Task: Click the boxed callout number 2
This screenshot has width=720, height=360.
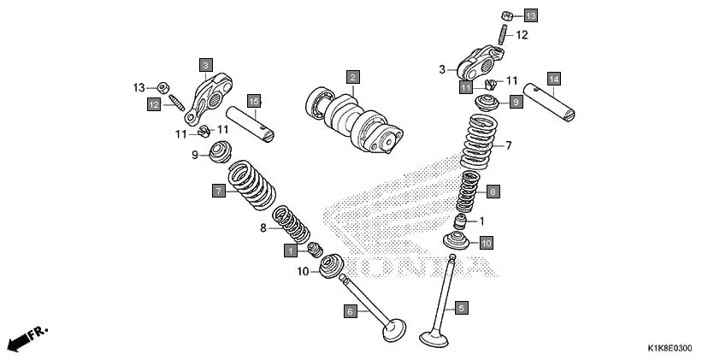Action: point(351,77)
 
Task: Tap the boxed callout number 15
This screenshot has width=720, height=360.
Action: point(253,101)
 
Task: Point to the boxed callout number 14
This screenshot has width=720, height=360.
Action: point(553,79)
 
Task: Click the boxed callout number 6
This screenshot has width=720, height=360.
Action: point(350,312)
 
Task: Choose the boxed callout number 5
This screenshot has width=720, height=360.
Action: point(461,307)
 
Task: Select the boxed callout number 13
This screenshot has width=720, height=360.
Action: point(531,15)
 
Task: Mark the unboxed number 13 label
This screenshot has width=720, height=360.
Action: point(139,87)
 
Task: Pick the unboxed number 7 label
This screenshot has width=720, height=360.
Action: point(508,145)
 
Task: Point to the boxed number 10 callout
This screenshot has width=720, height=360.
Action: point(486,243)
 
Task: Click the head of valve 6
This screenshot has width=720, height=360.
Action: point(394,328)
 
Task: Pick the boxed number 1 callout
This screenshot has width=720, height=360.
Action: point(292,251)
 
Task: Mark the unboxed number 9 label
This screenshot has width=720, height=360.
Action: point(194,155)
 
